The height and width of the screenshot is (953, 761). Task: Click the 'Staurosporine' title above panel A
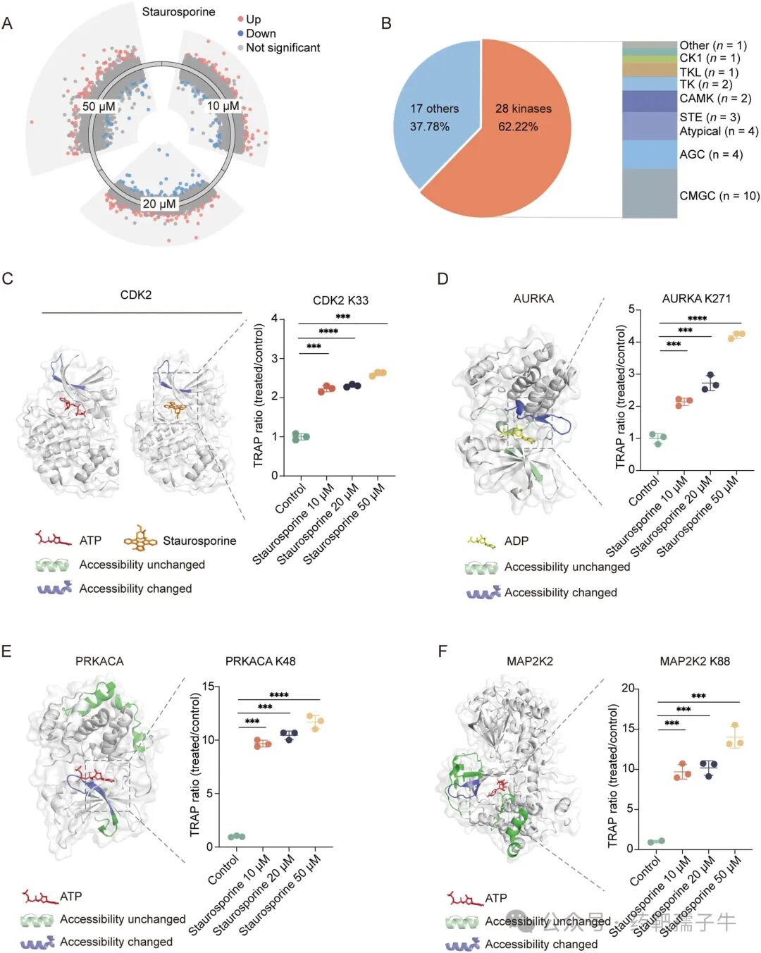pyautogui.click(x=178, y=12)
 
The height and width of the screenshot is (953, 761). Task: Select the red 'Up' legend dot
pyautogui.click(x=240, y=20)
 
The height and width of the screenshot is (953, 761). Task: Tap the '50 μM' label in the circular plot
pyautogui.click(x=99, y=106)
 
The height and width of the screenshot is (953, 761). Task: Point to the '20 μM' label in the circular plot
pyautogui.click(x=159, y=204)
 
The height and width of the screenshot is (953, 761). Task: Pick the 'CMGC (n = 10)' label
pyautogui.click(x=719, y=195)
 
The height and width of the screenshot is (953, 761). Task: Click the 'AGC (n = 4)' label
pyautogui.click(x=710, y=154)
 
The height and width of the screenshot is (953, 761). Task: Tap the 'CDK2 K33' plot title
pyautogui.click(x=340, y=300)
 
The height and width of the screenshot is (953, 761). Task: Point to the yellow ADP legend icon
pyautogui.click(x=481, y=541)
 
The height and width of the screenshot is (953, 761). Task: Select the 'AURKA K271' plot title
pyautogui.click(x=696, y=299)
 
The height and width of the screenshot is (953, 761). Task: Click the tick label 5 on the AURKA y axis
pyautogui.click(x=631, y=309)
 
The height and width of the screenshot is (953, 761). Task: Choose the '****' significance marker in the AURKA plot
pyautogui.click(x=697, y=319)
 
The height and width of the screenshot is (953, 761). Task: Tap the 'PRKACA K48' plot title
pyautogui.click(x=260, y=661)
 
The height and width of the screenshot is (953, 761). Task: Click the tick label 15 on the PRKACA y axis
pyautogui.click(x=209, y=686)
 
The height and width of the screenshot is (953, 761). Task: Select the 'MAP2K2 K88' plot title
pyautogui.click(x=694, y=661)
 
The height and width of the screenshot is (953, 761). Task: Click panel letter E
pyautogui.click(x=6, y=651)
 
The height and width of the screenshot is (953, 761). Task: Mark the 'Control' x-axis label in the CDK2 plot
pyautogui.click(x=291, y=498)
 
